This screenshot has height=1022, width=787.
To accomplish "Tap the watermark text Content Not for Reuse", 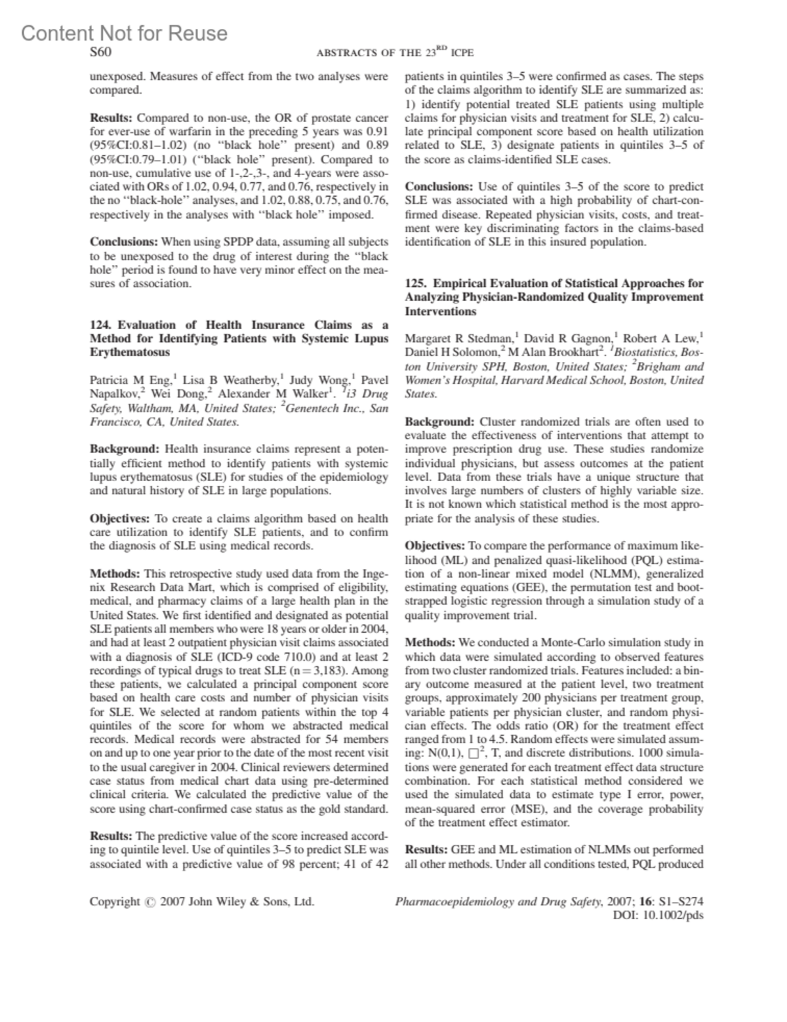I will pyautogui.click(x=125, y=33).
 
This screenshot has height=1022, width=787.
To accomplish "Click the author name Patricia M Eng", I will pyautogui.click(x=131, y=380).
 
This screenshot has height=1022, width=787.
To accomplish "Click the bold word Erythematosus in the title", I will pyautogui.click(x=130, y=353).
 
